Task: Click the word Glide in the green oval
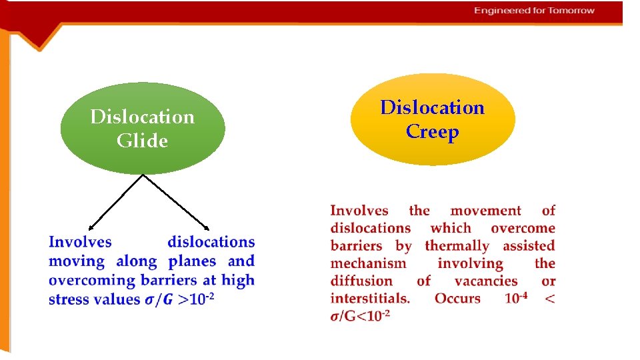tap(142, 141)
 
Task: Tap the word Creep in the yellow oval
tap(432, 132)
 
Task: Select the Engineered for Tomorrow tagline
tap(534, 11)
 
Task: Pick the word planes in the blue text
tap(193, 261)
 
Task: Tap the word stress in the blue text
tap(69, 299)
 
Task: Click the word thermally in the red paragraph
tap(457, 246)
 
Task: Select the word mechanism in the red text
tap(368, 263)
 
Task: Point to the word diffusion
tap(363, 281)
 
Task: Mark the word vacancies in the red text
tap(486, 281)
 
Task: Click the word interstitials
tap(370, 298)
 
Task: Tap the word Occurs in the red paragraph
tap(457, 298)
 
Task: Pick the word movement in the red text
tap(485, 211)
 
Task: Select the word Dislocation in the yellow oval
tap(432, 108)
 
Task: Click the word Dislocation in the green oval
tap(142, 117)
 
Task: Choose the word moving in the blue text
tap(77, 261)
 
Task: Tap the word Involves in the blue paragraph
tap(80, 242)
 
